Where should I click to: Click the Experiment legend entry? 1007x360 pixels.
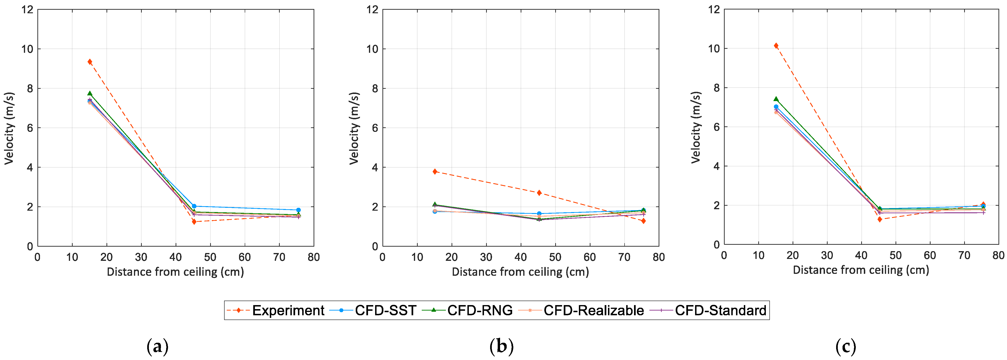(x=288, y=310)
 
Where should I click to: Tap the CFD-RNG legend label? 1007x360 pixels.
(x=480, y=310)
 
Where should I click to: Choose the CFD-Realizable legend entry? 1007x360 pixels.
(x=593, y=310)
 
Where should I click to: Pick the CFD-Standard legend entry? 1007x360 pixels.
(x=720, y=310)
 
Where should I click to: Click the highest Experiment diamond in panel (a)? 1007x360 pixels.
(x=90, y=62)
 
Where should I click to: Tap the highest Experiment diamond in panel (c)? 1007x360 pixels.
(x=776, y=46)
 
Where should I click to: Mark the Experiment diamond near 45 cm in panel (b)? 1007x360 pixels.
(x=539, y=193)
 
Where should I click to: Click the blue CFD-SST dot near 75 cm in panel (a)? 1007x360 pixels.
(x=298, y=210)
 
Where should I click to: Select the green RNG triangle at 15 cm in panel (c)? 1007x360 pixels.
(x=776, y=99)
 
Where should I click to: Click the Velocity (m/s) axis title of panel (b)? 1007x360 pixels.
(x=354, y=128)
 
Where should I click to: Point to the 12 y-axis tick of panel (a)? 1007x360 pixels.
(x=27, y=9)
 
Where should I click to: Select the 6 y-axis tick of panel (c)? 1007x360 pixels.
(x=716, y=127)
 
